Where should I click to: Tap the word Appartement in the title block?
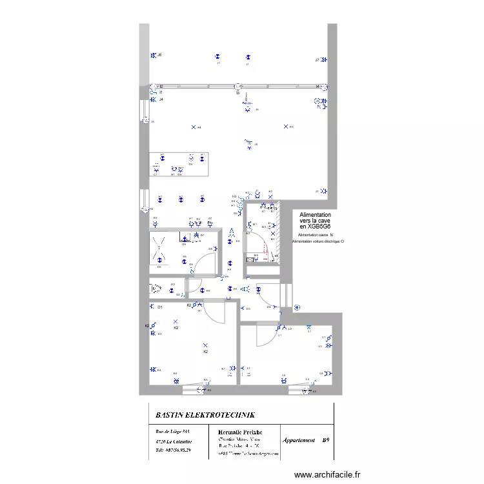tap(299, 440)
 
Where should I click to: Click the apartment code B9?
tap(327, 440)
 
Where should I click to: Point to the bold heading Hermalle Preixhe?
tap(240, 431)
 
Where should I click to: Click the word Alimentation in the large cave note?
tap(316, 215)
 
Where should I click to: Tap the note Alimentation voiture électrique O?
tap(318, 241)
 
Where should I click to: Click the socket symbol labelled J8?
tap(153, 55)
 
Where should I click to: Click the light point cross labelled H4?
tap(193, 127)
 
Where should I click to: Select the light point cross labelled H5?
tap(285, 126)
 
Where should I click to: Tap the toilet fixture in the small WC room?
tap(156, 288)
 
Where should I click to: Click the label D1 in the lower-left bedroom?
tap(159, 307)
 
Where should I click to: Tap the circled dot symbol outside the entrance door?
tap(296, 307)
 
